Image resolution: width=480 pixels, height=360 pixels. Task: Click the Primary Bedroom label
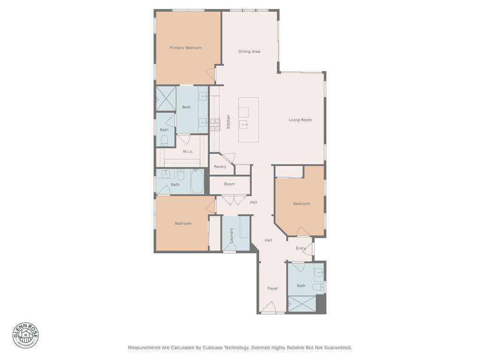click(186, 48)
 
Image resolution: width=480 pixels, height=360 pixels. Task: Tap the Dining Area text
click(249, 52)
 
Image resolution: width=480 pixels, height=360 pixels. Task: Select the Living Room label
click(300, 120)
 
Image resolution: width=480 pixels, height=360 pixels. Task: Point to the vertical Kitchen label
click(228, 122)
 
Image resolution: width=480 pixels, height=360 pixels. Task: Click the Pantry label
click(220, 167)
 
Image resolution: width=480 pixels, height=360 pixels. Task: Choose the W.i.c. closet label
click(188, 151)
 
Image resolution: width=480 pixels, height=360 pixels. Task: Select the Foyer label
click(273, 288)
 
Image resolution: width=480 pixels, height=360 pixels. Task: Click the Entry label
click(300, 248)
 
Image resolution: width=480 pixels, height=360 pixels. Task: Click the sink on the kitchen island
click(244, 124)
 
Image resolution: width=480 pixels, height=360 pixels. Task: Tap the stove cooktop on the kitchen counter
click(215, 125)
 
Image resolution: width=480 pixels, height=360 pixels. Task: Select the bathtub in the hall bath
click(197, 182)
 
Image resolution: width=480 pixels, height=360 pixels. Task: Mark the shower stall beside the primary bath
click(165, 98)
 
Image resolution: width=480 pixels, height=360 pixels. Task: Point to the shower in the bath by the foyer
click(302, 304)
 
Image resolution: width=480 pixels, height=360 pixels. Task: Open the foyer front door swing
click(268, 307)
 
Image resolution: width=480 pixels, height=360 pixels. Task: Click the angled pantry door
click(228, 159)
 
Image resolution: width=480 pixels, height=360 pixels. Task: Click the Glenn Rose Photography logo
click(26, 335)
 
